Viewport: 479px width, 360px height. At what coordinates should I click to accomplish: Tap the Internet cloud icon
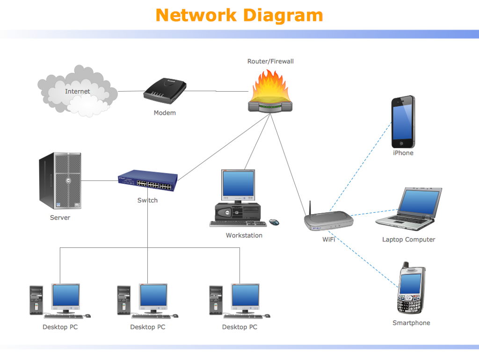point(77,92)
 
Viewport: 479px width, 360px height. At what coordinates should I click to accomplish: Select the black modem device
point(165,91)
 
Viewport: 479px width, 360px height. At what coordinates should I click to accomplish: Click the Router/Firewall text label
point(270,61)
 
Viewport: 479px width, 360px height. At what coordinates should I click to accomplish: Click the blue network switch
point(148,180)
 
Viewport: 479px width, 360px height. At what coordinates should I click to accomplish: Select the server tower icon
point(60,180)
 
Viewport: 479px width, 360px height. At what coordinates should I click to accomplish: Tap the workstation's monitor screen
point(238,184)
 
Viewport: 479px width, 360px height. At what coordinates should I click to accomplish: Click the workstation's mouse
point(274,222)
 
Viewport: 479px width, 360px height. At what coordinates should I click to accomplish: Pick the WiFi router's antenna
point(310,208)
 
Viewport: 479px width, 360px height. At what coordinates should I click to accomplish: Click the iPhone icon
point(403,122)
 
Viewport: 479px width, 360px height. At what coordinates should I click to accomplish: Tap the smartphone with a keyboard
point(411,290)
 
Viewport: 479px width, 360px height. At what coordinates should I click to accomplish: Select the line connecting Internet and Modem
point(131,91)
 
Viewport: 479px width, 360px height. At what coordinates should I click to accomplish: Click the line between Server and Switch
point(100,180)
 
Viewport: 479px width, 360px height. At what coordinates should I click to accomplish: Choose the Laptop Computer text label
point(408,239)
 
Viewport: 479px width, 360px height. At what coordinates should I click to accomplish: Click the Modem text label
point(165,113)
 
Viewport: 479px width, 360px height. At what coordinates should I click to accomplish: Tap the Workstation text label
point(244,235)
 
